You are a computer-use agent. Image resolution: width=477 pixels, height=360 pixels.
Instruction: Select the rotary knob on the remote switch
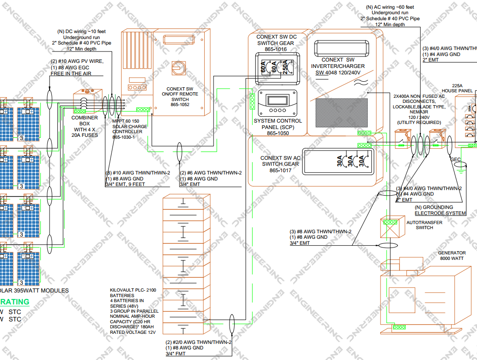pos(178,67)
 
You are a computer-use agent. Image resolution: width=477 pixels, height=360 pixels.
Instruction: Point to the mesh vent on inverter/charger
pos(342,113)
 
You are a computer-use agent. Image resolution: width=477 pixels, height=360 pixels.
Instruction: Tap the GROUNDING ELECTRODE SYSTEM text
pos(440,210)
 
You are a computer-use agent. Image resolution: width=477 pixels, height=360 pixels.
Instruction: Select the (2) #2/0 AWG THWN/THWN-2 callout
pos(198,342)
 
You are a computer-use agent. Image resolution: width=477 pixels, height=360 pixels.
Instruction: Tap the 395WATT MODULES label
pos(39,290)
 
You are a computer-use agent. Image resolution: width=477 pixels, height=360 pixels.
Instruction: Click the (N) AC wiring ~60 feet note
pos(389,7)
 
